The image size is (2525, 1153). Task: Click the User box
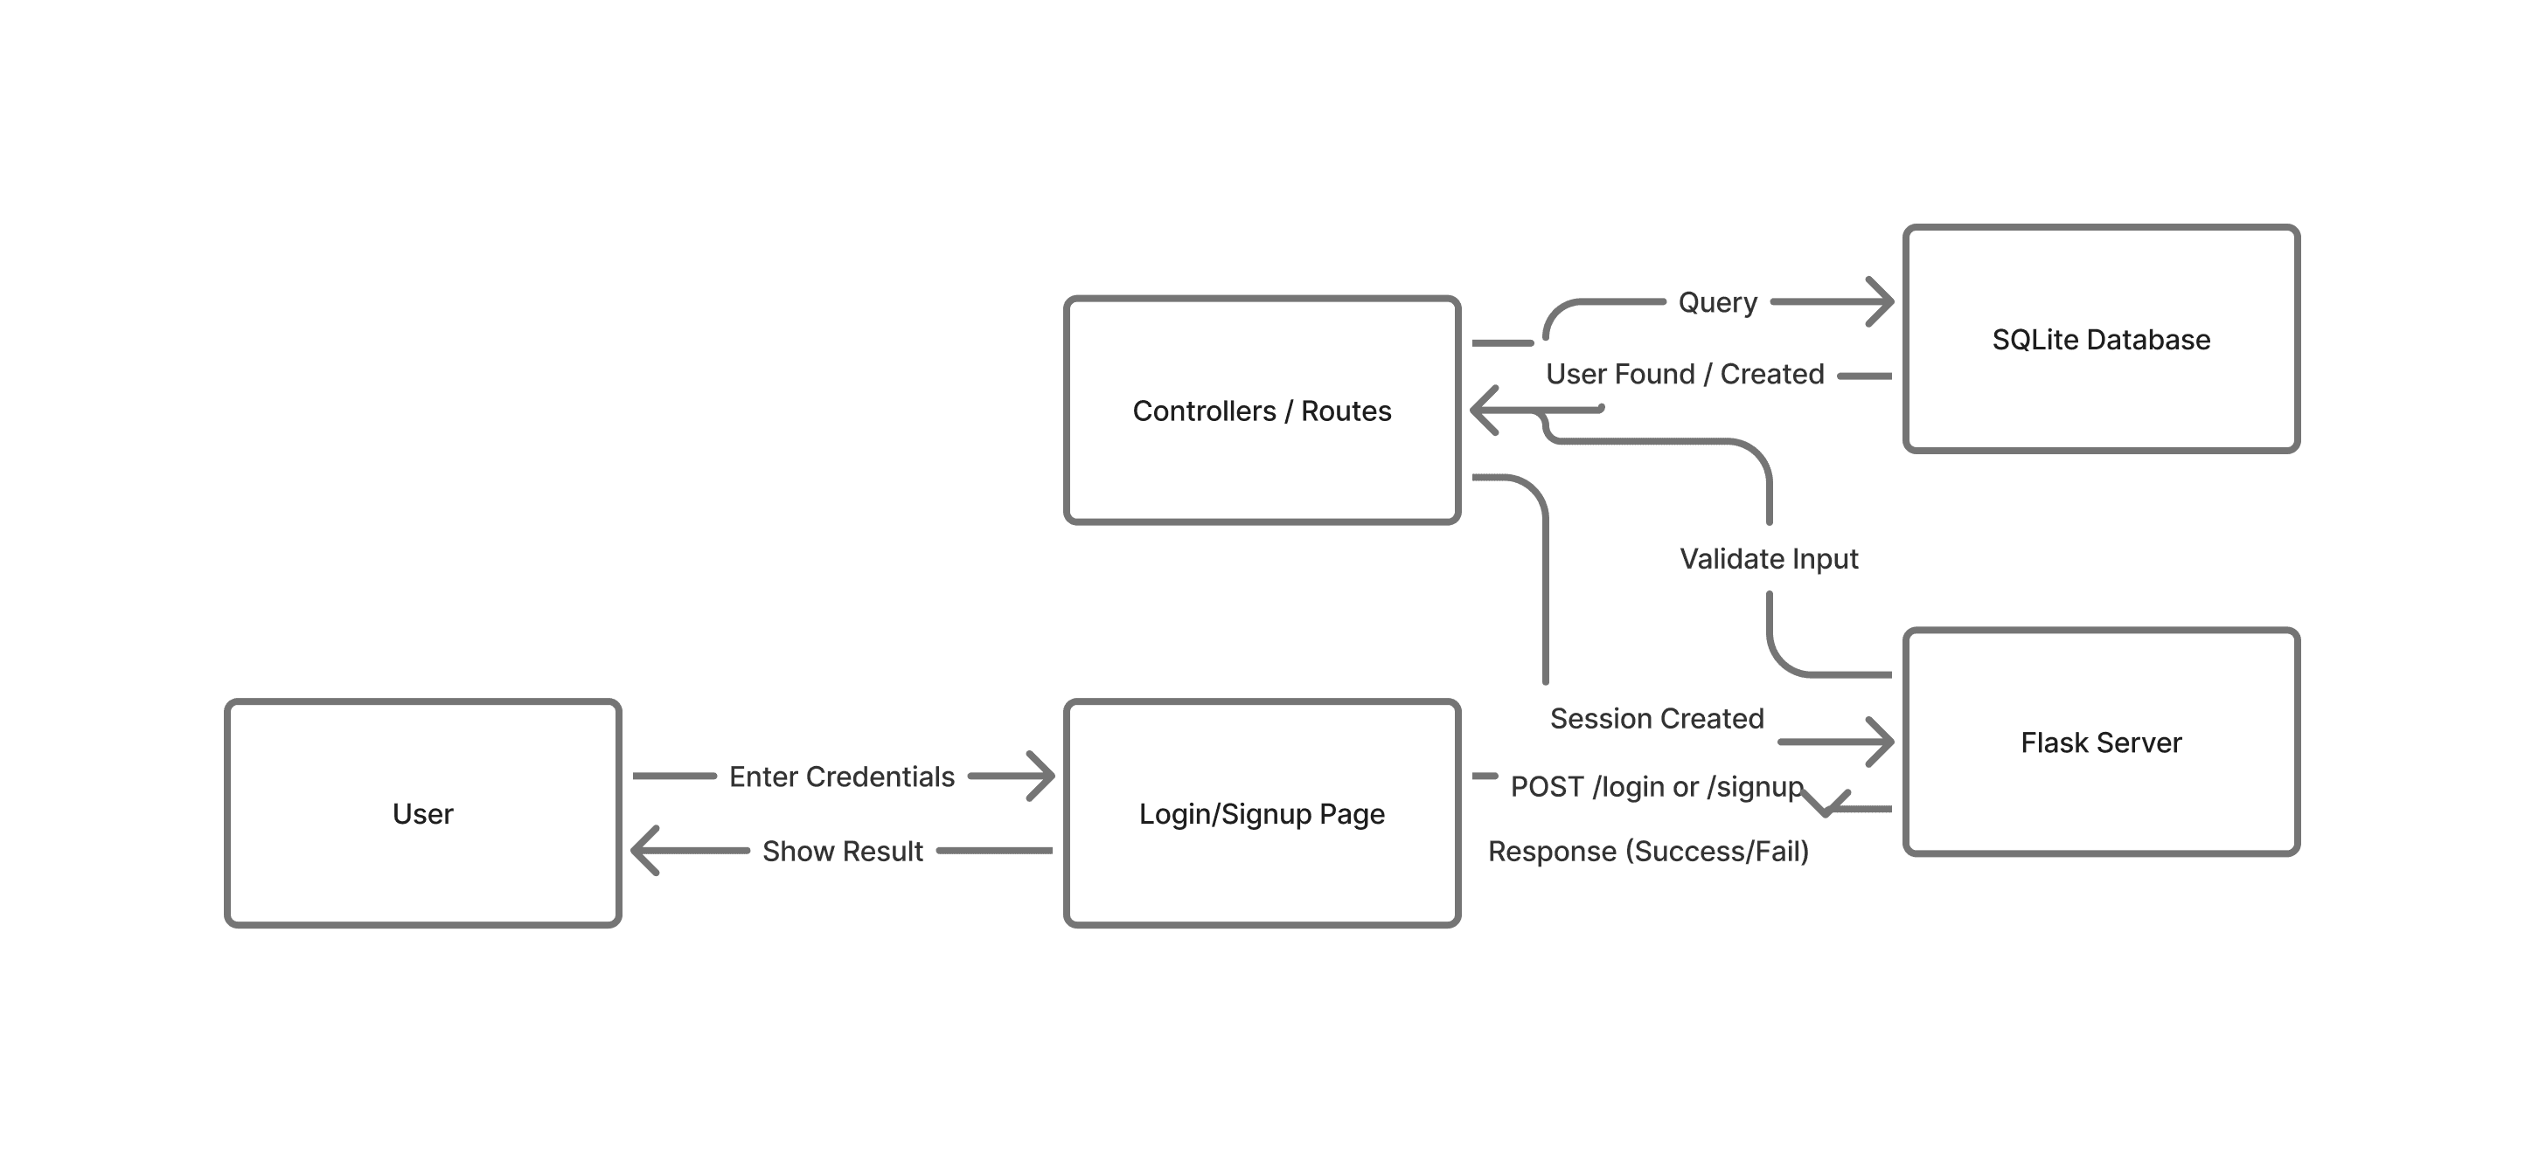(422, 813)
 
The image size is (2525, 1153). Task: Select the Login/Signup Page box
(1262, 813)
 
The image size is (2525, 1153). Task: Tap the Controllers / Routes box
(1262, 411)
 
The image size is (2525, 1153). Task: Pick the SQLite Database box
(2101, 339)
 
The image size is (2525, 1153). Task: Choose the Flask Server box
(2101, 742)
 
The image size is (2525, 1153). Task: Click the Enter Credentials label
(841, 776)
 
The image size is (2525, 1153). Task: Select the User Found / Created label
(1684, 373)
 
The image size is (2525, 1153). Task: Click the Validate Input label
(1768, 558)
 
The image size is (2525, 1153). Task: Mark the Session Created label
(1657, 718)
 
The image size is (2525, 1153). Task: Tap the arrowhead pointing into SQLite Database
(1882, 301)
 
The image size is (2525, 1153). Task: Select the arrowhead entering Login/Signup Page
(1042, 776)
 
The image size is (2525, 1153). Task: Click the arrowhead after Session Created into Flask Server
(1882, 742)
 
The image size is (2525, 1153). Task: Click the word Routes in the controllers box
(1346, 411)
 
